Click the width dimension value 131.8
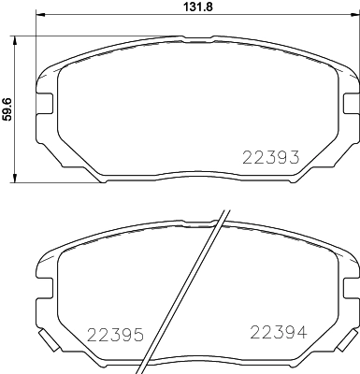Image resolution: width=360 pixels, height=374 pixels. (x=190, y=9)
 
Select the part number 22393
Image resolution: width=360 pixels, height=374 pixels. (x=270, y=158)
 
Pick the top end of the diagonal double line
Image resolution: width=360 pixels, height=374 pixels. (x=225, y=208)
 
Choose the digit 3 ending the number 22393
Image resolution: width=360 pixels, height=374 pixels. (x=294, y=158)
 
